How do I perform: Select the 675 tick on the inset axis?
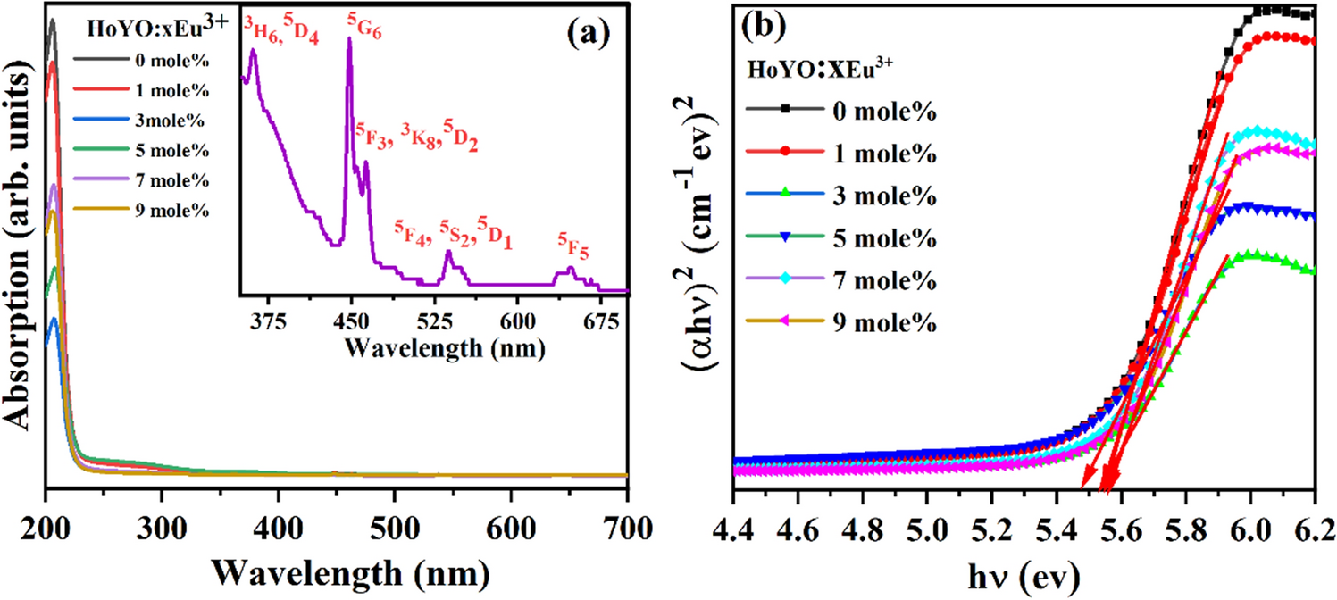click(x=599, y=320)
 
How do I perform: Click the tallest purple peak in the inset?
click(x=349, y=41)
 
